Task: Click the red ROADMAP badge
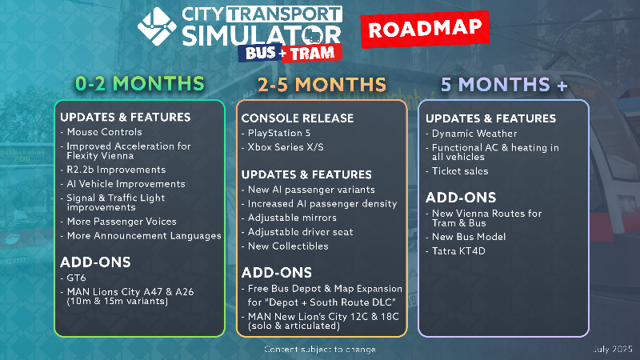pos(425,29)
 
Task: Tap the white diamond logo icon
pos(157,26)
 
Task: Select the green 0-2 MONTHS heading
pos(140,84)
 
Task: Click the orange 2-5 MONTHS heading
pos(322,85)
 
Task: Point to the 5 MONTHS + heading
pos(504,85)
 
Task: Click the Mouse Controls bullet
pos(105,132)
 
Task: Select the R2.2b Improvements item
pos(116,170)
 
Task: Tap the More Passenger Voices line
pos(122,222)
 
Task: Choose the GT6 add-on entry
pos(76,278)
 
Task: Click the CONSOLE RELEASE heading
pos(297,118)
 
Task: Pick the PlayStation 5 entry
pos(279,133)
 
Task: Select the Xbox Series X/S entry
pos(286,147)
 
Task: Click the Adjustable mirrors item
pos(292,218)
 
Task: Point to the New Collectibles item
pos(288,246)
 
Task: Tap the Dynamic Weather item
pos(474,134)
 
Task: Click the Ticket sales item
pos(460,171)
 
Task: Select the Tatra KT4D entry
pos(458,251)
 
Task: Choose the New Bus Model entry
pos(469,237)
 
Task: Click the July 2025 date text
pos(612,349)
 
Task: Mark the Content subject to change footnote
pos(320,350)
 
